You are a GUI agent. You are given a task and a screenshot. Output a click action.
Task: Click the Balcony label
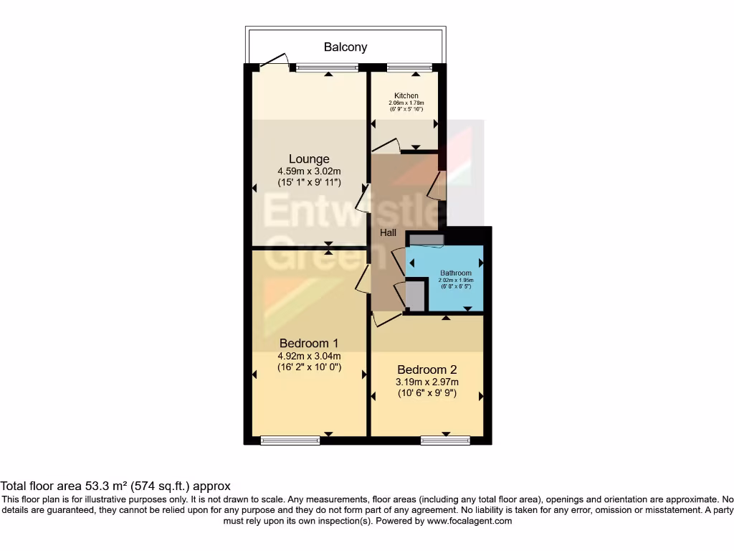point(345,47)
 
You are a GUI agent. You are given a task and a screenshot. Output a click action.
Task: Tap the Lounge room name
point(309,159)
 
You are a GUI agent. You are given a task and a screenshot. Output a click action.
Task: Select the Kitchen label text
point(406,95)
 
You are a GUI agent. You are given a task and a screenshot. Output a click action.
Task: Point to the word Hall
point(388,232)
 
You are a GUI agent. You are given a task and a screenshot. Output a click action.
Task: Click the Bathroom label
point(455,273)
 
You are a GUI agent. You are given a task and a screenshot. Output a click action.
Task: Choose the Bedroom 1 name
point(309,343)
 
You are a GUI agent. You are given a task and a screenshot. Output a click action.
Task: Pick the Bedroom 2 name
point(427,369)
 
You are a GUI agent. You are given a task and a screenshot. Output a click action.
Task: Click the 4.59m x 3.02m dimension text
point(309,171)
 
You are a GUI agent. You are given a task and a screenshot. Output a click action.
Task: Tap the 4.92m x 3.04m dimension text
point(309,355)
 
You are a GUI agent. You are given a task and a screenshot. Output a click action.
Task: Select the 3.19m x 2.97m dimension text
point(427,382)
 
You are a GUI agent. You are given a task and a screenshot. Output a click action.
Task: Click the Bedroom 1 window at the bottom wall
point(290,441)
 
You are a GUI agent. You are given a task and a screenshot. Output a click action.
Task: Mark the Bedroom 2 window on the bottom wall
point(444,441)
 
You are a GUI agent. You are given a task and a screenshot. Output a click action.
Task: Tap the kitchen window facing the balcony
point(409,68)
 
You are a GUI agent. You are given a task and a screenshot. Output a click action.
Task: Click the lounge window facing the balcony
point(327,68)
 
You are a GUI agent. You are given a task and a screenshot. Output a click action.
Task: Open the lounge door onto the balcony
point(275,63)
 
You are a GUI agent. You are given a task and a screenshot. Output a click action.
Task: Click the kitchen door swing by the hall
point(386,146)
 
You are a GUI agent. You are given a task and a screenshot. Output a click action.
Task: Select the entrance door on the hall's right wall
point(434,185)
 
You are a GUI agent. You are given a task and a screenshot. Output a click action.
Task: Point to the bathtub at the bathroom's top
point(426,240)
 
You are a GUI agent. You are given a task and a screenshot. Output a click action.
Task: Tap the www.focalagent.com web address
point(469,521)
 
